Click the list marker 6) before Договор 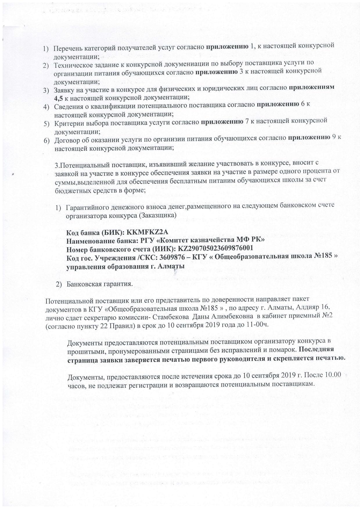pos(47,141)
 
